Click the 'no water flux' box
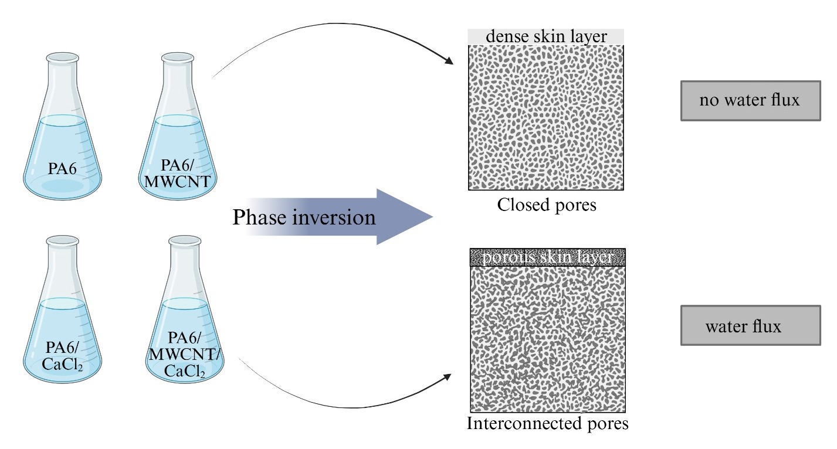pyautogui.click(x=750, y=101)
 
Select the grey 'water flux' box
pyautogui.click(x=750, y=325)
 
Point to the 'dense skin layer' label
pyautogui.click(x=545, y=36)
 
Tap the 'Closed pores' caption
pyautogui.click(x=547, y=206)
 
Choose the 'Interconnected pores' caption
pyautogui.click(x=547, y=423)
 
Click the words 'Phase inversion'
pyautogui.click(x=304, y=217)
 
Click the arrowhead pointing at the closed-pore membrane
pyautogui.click(x=450, y=60)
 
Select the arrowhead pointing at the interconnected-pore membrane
pyautogui.click(x=450, y=376)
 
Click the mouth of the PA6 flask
pyautogui.click(x=62, y=57)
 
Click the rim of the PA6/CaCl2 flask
pyautogui.click(x=62, y=240)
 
